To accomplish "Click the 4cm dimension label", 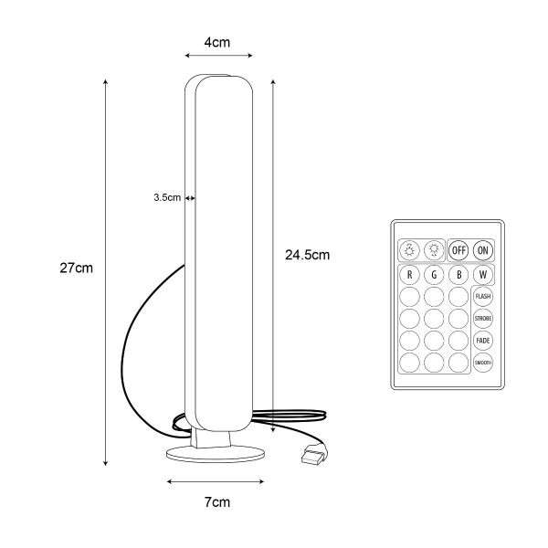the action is click(x=217, y=42).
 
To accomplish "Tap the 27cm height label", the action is click(x=76, y=268).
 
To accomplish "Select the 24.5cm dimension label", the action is click(x=307, y=255).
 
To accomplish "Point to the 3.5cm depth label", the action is click(x=167, y=197).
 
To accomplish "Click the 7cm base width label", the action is click(x=217, y=502).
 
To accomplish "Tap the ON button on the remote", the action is click(x=482, y=250).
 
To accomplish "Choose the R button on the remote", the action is click(x=409, y=275).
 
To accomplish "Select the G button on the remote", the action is click(x=434, y=275).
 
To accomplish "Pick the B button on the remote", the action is click(x=458, y=275).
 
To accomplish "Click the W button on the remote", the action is click(x=482, y=275).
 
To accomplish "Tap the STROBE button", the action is click(x=482, y=319).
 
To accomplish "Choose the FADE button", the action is click(x=482, y=341).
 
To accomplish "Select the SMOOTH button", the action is click(x=482, y=363).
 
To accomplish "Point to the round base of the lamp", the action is click(x=216, y=454).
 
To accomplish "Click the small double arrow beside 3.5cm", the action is click(x=190, y=198).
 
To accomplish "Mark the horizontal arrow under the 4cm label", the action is click(x=219, y=55).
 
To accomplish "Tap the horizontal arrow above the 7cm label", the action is click(x=216, y=481).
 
